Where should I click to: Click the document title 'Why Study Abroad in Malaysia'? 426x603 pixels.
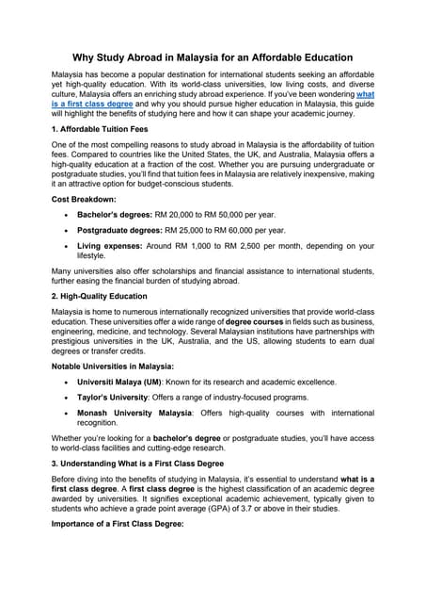tap(213, 57)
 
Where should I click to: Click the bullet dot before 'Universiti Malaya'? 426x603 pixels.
tap(64, 383)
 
